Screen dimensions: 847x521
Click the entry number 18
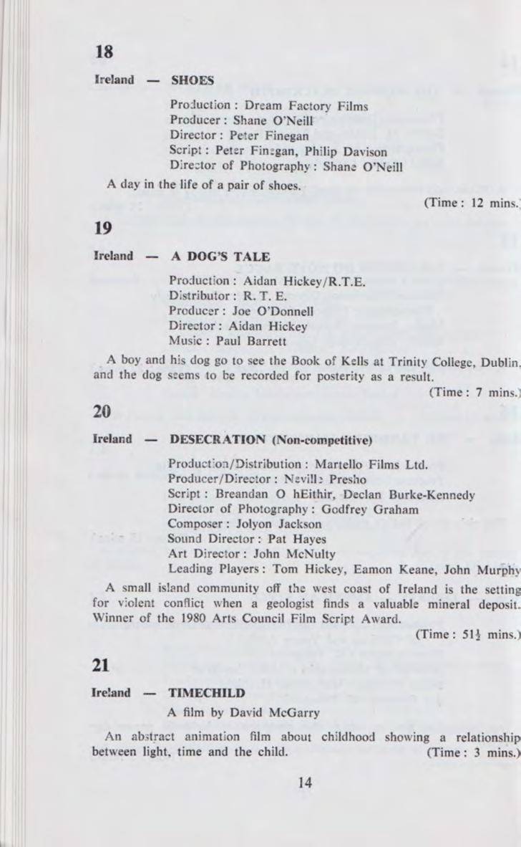click(x=104, y=52)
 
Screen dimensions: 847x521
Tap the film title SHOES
click(x=192, y=80)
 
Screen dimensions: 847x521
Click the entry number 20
click(x=104, y=411)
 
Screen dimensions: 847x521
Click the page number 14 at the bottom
click(x=306, y=783)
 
